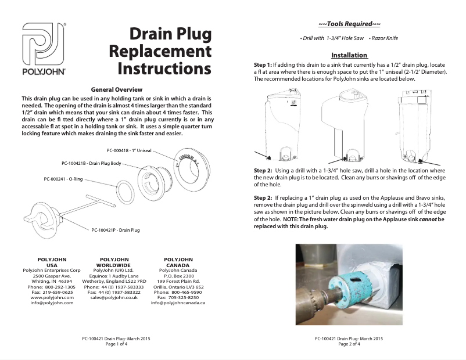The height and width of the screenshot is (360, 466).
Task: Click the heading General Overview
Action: (x=117, y=90)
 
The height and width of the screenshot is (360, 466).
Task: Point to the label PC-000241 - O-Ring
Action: (x=63, y=179)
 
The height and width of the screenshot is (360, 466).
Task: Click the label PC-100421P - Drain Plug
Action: (x=116, y=230)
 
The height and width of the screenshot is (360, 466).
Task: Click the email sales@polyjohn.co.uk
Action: (x=113, y=297)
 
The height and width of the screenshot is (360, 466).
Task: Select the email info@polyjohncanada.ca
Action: (x=178, y=303)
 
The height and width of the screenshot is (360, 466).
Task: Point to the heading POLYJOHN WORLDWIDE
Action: (x=113, y=262)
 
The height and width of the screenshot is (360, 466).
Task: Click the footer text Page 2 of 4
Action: (x=349, y=344)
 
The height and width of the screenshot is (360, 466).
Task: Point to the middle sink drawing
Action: (x=348, y=125)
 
